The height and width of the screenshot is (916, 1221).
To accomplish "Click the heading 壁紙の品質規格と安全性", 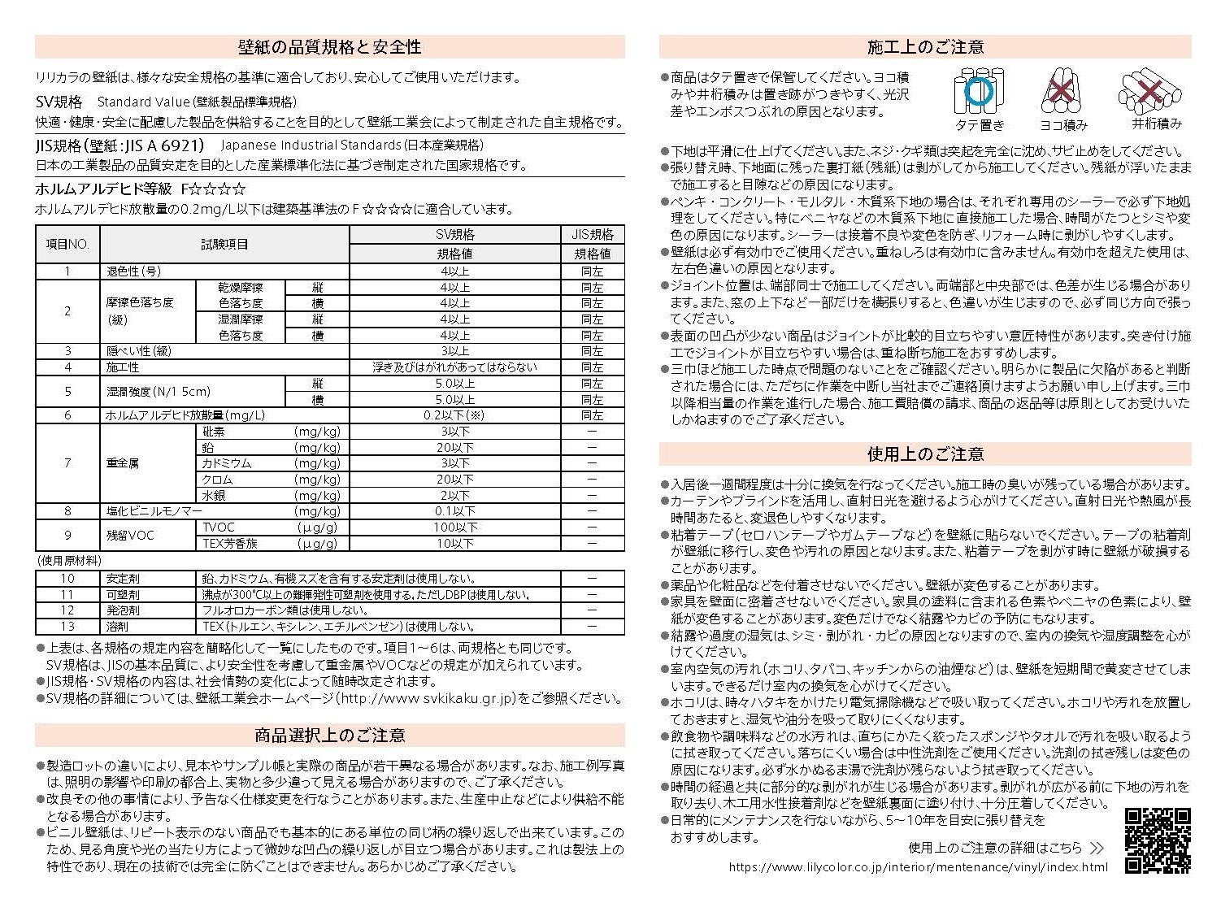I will [x=329, y=47].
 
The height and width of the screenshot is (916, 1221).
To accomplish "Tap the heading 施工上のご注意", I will [x=925, y=47].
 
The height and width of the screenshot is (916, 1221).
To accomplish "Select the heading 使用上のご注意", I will [x=925, y=454].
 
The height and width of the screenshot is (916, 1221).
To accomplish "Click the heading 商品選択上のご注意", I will [x=329, y=736].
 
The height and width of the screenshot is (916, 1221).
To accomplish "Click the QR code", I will [x=1158, y=840].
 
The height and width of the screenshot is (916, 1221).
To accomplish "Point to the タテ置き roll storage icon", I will [x=979, y=92].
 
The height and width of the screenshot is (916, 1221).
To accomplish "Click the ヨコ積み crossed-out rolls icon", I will [x=1062, y=91].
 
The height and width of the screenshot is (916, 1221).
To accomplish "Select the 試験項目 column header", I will [x=224, y=244].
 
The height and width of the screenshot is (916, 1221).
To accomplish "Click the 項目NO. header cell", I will [x=67, y=244].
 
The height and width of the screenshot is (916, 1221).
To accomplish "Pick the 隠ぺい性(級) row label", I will [x=139, y=351].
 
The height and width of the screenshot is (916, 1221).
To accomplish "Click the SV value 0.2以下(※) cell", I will [x=454, y=415].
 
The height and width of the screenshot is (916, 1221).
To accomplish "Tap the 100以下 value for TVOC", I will [x=454, y=527].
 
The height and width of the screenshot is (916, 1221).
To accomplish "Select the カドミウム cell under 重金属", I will [x=227, y=463].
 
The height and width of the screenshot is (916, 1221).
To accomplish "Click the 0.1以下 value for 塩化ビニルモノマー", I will [x=454, y=511].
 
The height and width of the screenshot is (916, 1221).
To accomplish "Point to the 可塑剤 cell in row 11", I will [x=123, y=594].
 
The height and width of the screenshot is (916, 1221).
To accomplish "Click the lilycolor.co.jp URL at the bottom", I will [x=917, y=866].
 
